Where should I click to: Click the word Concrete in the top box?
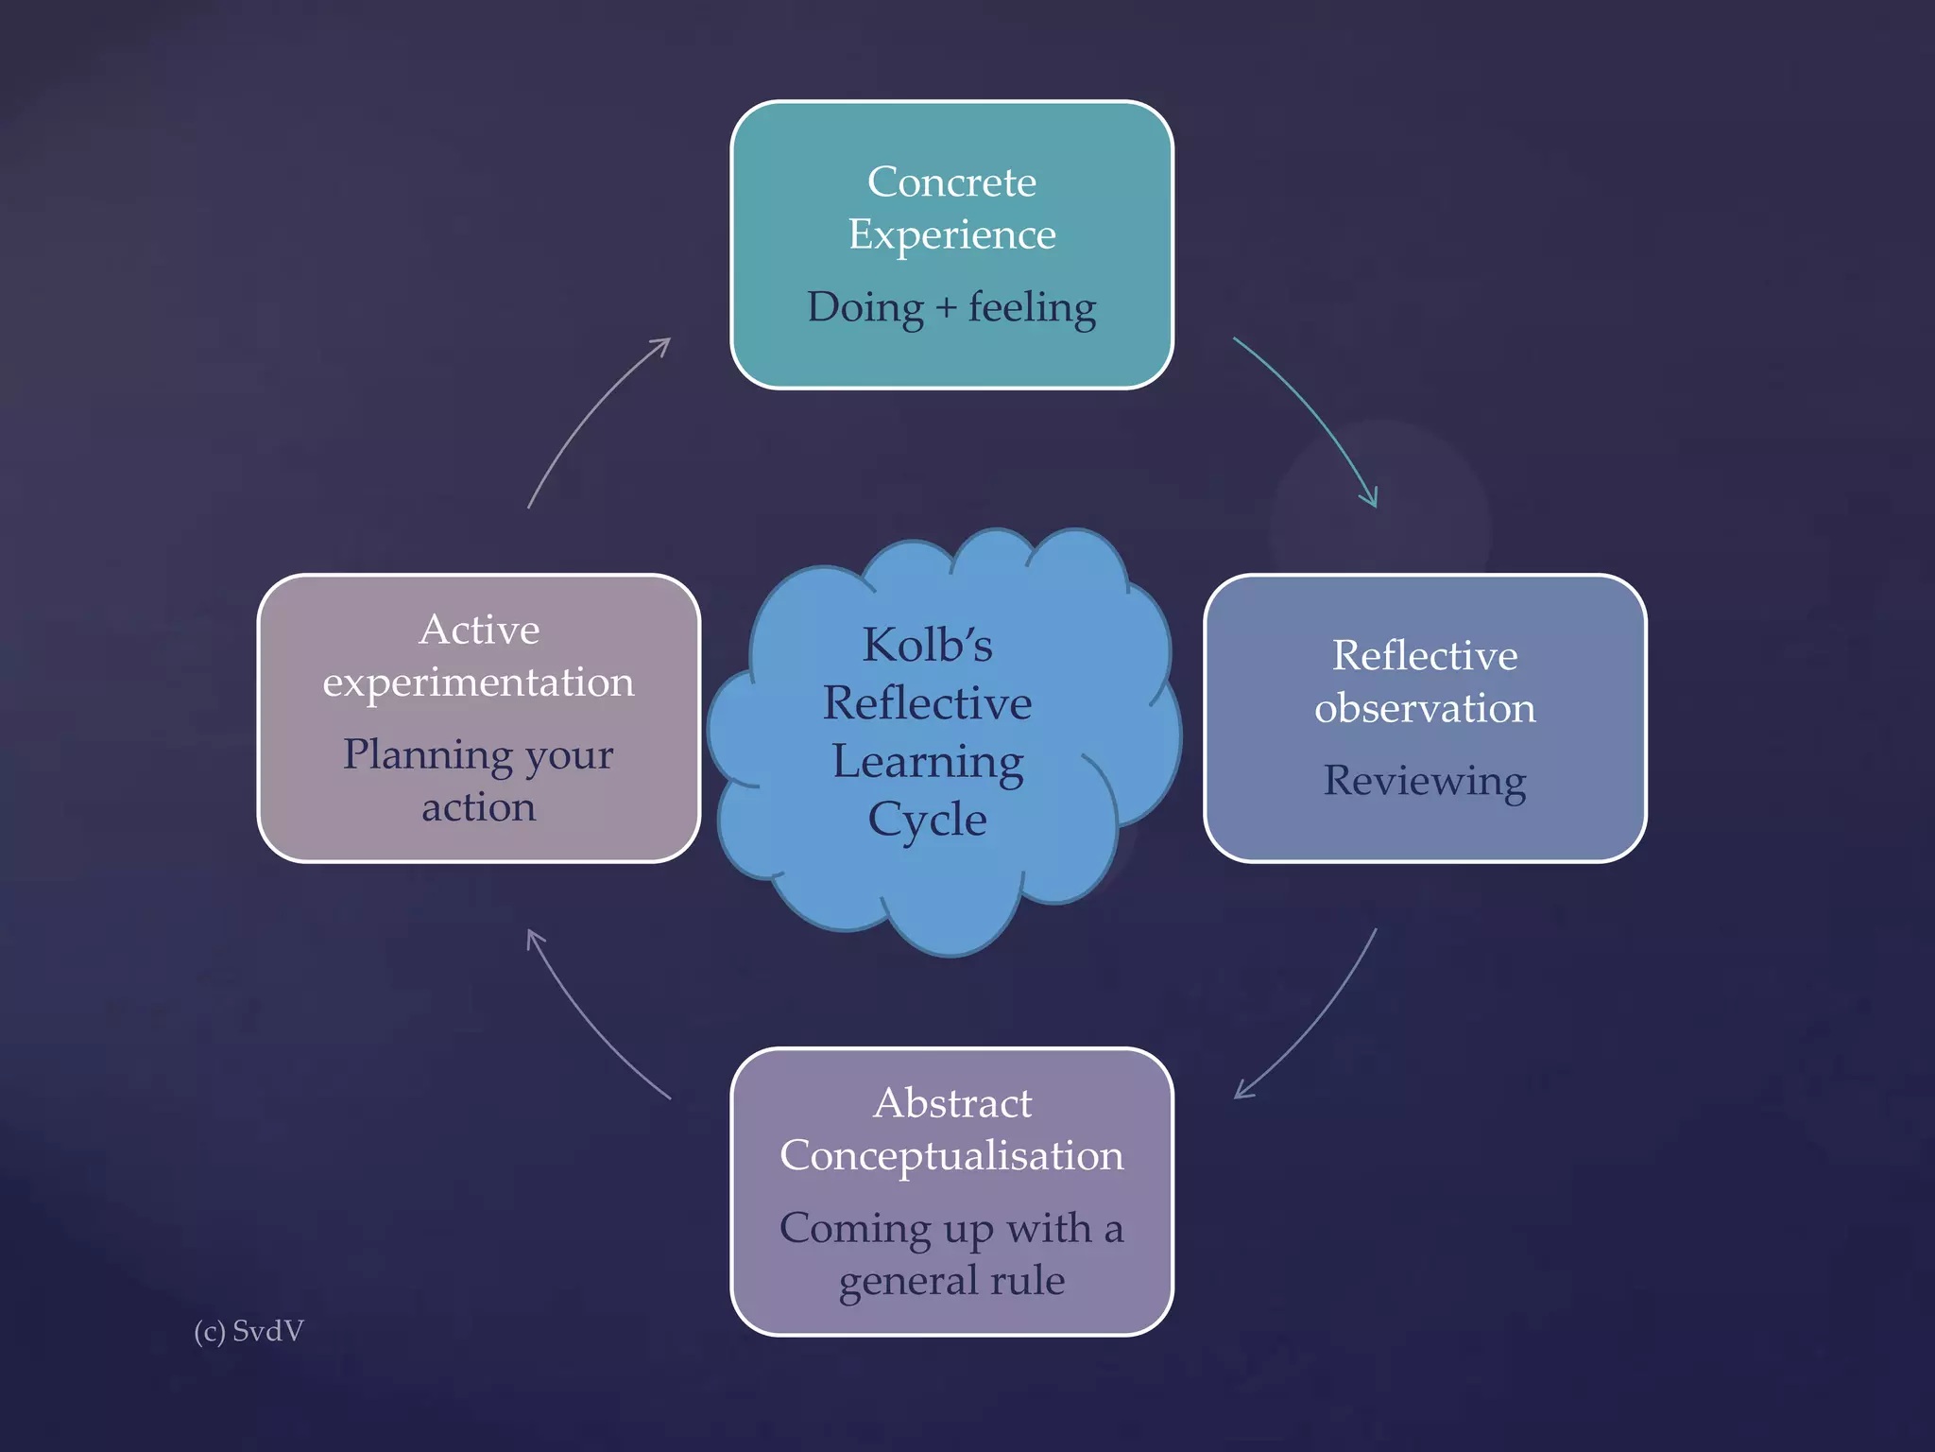[951, 181]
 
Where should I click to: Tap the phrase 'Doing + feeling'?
[951, 308]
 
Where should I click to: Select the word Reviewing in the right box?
[1424, 782]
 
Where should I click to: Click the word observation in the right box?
[1425, 708]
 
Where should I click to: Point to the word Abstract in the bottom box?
[952, 1103]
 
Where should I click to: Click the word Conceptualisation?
[951, 1155]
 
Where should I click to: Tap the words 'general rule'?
[951, 1281]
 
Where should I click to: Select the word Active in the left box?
[479, 630]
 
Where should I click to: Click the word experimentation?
[478, 683]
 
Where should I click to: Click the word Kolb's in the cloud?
[927, 646]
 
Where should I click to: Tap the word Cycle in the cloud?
[927, 820]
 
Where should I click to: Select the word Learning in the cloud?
[927, 762]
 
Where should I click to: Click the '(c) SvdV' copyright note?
[248, 1331]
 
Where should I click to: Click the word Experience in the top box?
[951, 234]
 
